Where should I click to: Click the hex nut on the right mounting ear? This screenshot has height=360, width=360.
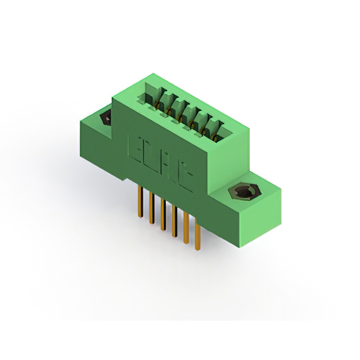click(x=242, y=193)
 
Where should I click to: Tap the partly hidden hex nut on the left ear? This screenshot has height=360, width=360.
click(x=105, y=118)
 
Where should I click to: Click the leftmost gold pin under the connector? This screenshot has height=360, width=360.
click(x=138, y=200)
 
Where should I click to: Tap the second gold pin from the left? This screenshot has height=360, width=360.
click(x=151, y=208)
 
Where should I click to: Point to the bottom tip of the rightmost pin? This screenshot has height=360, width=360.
click(x=197, y=249)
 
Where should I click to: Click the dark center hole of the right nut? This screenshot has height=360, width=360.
click(x=242, y=193)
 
